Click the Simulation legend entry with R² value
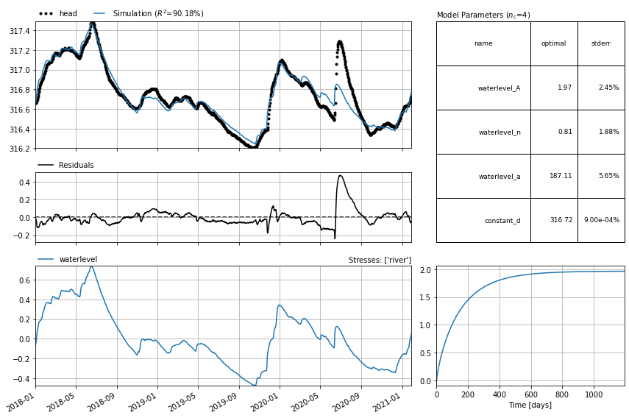coord(157,13)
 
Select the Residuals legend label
coord(76,166)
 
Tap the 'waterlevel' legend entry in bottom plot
coord(78,260)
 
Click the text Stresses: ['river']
coord(380,260)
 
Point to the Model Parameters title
coord(483,15)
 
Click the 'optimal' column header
coord(553,43)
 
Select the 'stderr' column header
coord(600,43)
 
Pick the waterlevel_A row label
coord(499,88)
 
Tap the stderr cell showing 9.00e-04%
coord(601,220)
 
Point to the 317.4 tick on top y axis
coord(20,31)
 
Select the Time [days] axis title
coord(530,405)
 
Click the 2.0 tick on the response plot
coord(426,270)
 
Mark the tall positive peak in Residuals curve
coord(341,175)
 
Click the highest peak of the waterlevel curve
coord(90,267)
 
